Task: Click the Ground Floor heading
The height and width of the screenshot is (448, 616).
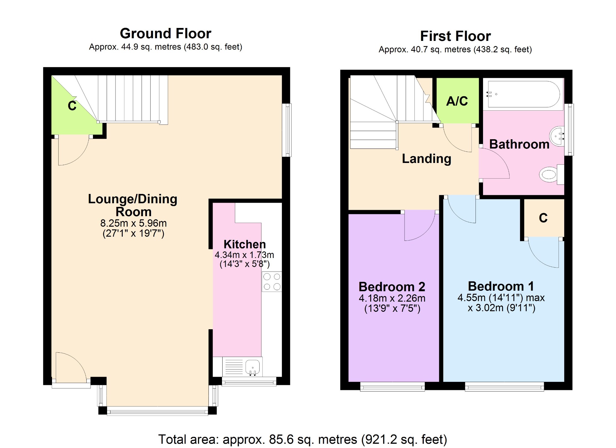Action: (165, 33)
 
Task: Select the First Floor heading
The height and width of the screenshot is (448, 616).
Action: (455, 36)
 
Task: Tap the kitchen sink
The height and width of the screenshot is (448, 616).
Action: (252, 367)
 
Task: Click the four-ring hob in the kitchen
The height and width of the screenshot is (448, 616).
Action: (272, 282)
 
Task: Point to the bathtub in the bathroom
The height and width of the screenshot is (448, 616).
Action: (524, 94)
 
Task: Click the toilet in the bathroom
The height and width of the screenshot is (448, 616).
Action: (551, 175)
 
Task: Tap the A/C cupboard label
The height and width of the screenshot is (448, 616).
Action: (457, 101)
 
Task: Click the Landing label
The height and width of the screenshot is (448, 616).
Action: (427, 159)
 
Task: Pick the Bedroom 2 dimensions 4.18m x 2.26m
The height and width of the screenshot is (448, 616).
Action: (392, 298)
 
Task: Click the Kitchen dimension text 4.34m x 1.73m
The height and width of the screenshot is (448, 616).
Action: (244, 255)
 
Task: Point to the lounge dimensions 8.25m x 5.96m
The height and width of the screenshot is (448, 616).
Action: (133, 223)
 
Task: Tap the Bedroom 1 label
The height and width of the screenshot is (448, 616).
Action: (501, 286)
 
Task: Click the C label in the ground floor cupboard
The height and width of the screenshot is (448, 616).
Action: (72, 106)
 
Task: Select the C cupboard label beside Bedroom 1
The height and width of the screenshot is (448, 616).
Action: (543, 218)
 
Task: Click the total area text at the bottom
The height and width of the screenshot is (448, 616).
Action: (303, 440)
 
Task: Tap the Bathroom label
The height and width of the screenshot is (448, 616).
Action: (519, 144)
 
